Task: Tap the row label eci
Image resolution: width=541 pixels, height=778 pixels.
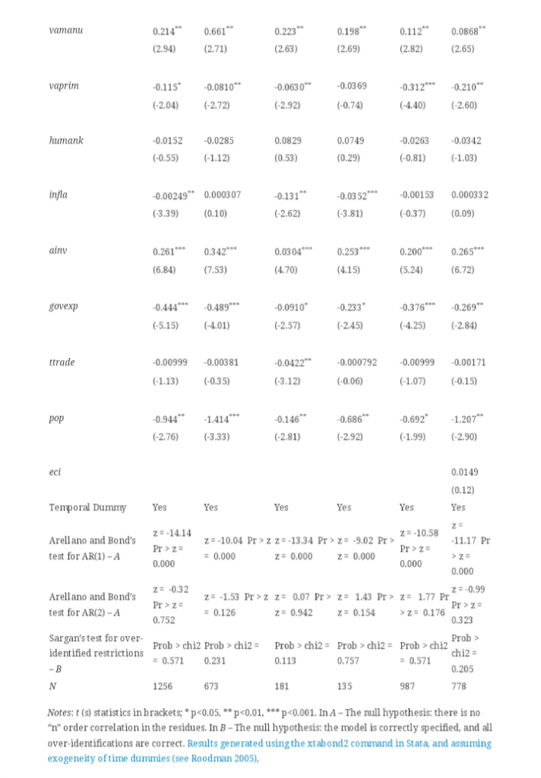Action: click(x=55, y=472)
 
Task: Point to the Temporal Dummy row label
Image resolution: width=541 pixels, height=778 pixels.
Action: click(x=87, y=507)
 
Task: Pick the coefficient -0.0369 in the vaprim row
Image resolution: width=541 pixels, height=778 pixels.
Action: click(x=352, y=86)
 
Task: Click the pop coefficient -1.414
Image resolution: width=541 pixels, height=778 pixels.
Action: click(x=220, y=417)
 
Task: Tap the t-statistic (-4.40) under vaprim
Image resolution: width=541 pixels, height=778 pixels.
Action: click(x=413, y=104)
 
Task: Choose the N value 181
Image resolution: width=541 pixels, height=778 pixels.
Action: click(x=281, y=685)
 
